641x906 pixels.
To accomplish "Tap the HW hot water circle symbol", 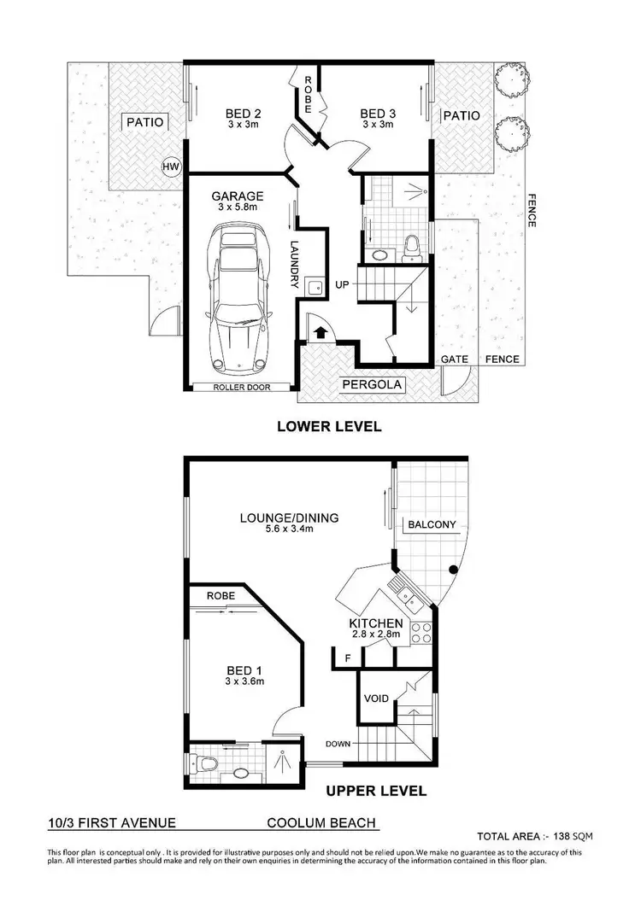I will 169,167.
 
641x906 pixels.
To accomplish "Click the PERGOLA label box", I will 372,385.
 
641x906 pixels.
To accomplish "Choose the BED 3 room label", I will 377,114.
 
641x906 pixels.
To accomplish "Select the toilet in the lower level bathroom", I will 413,247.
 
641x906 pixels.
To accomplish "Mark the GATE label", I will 455,359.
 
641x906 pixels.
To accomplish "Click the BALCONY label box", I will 432,524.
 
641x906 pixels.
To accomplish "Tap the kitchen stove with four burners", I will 420,632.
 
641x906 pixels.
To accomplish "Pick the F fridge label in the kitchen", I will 347,658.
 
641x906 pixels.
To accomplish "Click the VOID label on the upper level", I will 377,698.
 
